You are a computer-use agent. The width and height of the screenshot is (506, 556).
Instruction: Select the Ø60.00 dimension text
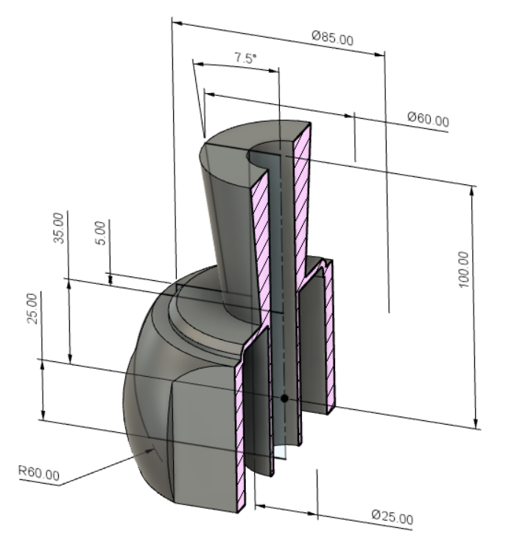[x=427, y=120]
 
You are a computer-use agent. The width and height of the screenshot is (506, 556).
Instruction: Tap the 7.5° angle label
[x=245, y=58]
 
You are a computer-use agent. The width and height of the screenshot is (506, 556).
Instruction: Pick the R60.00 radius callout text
[x=38, y=473]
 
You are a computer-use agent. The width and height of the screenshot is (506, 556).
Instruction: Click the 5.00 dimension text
[x=102, y=233]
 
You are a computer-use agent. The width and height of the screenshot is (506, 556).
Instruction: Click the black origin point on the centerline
[x=284, y=398]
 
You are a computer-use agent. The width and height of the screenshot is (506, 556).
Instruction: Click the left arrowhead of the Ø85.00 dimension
[x=177, y=23]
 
